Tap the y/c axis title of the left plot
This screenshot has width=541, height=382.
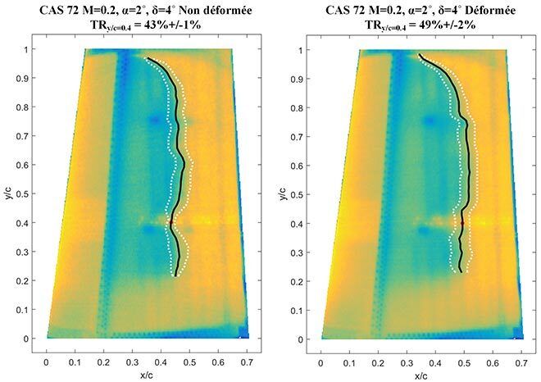[9, 194]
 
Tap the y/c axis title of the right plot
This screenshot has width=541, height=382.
[284, 194]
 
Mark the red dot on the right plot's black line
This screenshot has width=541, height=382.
[462, 222]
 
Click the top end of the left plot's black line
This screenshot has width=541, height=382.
[146, 58]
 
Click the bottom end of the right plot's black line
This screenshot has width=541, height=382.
[461, 271]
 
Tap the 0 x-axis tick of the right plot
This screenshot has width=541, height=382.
[321, 359]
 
